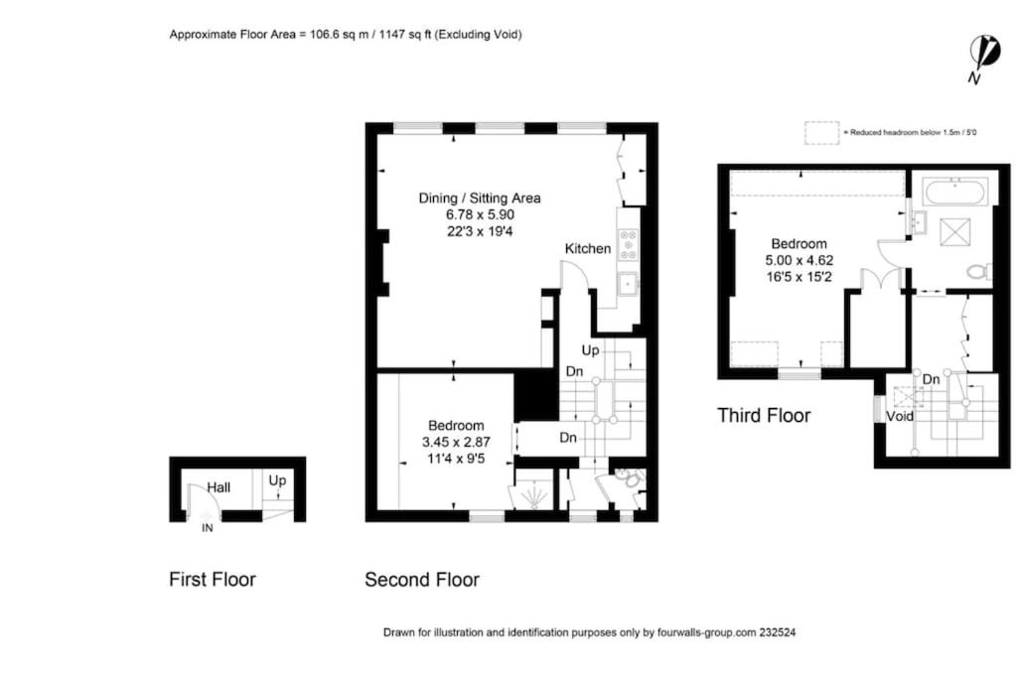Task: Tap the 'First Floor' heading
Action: click(x=213, y=579)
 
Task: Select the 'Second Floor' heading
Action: click(x=421, y=579)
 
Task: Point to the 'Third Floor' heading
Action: click(x=764, y=415)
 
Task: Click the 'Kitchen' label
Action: click(x=588, y=248)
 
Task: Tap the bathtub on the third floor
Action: click(x=955, y=192)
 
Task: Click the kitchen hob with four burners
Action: click(x=628, y=244)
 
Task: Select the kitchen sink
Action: click(x=628, y=284)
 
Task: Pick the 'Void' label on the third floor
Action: click(x=899, y=416)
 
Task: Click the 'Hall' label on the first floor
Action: click(x=218, y=486)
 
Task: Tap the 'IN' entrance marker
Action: click(x=207, y=528)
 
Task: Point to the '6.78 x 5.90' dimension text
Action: click(x=480, y=214)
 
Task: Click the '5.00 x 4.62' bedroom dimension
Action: click(x=799, y=260)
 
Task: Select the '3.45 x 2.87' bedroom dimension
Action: click(x=456, y=442)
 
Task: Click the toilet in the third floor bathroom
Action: click(x=978, y=270)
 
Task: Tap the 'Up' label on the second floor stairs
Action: click(x=590, y=350)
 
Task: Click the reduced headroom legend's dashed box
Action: click(x=821, y=132)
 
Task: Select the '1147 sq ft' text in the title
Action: click(x=405, y=35)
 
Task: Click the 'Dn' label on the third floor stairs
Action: click(x=931, y=379)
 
